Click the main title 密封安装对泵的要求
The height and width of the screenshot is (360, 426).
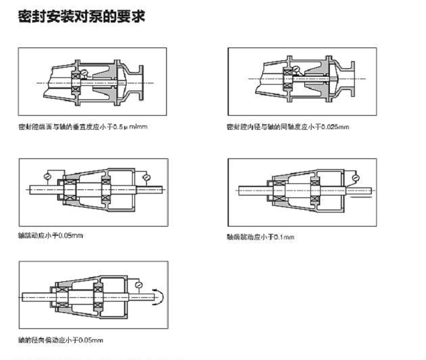[82, 16]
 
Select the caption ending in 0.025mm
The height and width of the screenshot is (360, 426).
[287, 127]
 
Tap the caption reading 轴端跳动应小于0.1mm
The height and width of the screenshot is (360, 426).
[260, 237]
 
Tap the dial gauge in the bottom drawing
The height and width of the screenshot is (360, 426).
[139, 284]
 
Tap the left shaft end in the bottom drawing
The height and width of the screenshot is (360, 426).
[29, 297]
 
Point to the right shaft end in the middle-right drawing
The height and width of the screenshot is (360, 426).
[365, 191]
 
